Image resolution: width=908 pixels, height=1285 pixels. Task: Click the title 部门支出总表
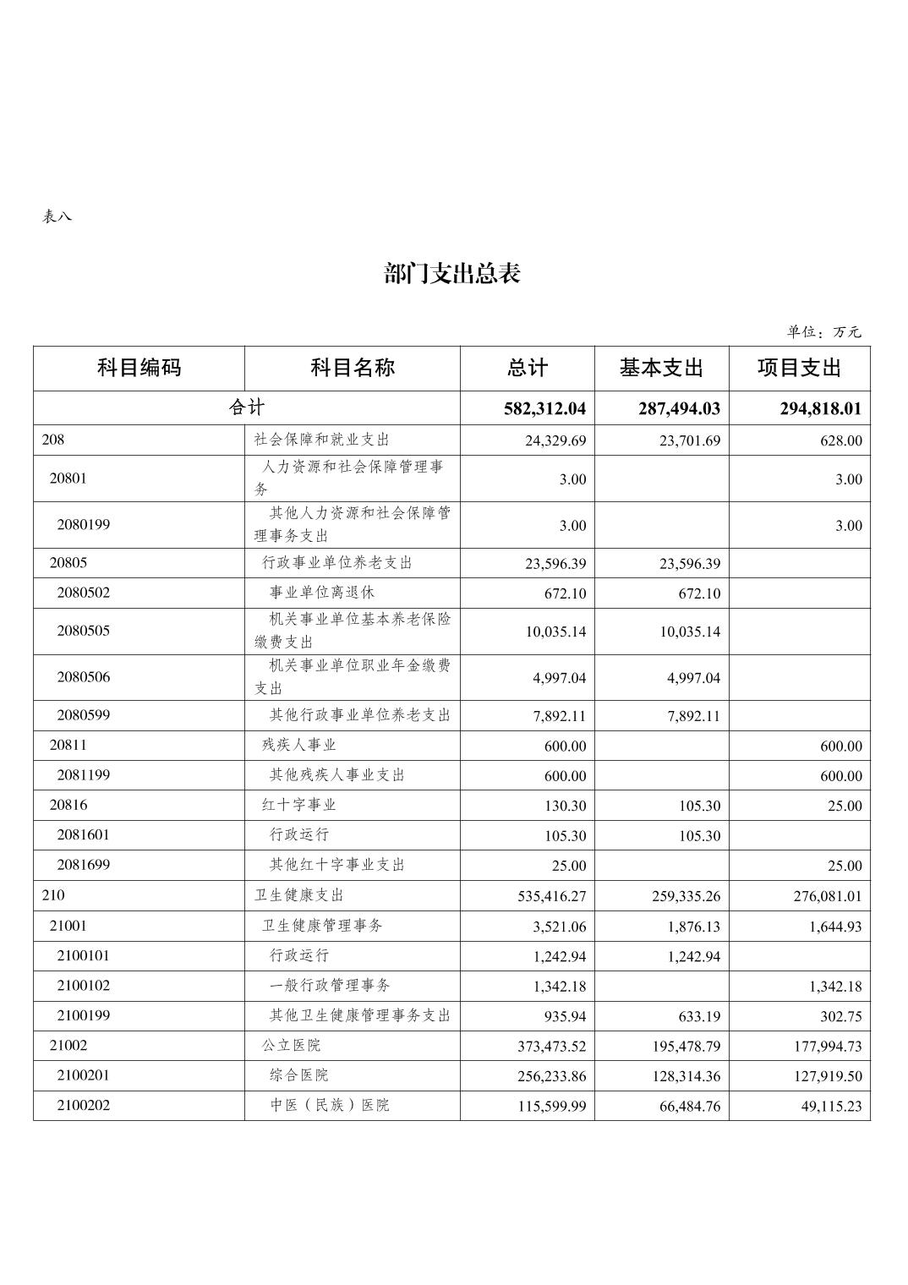tap(452, 274)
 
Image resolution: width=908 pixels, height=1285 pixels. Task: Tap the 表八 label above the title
tap(57, 216)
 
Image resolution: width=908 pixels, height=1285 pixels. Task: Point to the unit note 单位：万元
tap(823, 332)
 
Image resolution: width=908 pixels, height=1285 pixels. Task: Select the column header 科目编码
tap(139, 369)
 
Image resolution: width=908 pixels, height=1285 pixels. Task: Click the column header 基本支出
tap(661, 369)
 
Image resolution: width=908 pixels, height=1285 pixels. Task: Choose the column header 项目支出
tap(799, 369)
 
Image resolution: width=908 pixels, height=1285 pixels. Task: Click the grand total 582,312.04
tap(544, 409)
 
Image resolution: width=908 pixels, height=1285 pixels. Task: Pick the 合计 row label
tap(247, 408)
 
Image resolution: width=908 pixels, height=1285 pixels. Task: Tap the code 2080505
tap(84, 631)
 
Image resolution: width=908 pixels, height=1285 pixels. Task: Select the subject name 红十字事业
tap(299, 805)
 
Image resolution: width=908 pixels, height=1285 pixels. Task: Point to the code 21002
tap(68, 1045)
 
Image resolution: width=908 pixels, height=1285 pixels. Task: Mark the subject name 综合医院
tap(299, 1075)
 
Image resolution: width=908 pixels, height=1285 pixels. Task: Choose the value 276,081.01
tap(828, 896)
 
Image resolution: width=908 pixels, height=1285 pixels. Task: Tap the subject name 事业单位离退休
tap(321, 593)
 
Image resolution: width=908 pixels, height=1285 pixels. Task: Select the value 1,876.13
tap(693, 927)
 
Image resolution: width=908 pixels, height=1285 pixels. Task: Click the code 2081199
tap(84, 775)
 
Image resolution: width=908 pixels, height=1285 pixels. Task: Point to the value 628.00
tap(841, 441)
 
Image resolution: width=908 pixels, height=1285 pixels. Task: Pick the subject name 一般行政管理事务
tap(330, 986)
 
